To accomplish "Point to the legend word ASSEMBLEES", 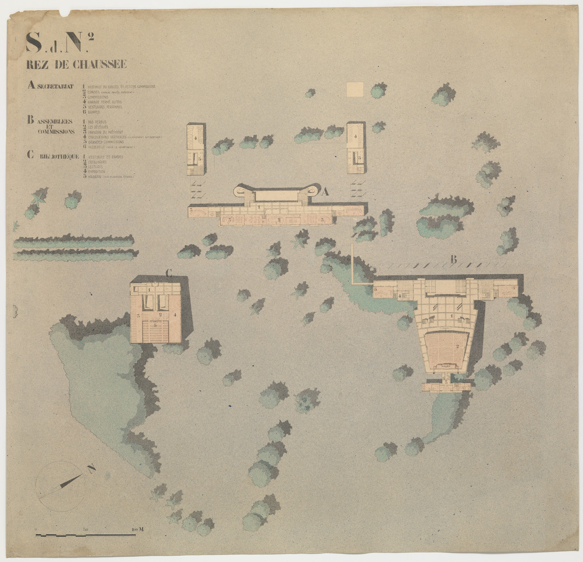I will point(56,121).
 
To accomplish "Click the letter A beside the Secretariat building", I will point(325,192).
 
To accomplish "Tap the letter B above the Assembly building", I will point(453,260).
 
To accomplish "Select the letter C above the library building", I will point(169,273).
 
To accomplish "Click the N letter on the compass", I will point(91,468).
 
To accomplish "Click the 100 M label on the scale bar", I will point(137,530).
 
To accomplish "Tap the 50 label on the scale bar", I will point(85,530).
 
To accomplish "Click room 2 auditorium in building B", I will point(456,346).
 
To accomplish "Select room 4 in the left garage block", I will point(195,137).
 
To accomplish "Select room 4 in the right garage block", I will point(355,136).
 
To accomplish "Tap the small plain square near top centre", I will point(355,89).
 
